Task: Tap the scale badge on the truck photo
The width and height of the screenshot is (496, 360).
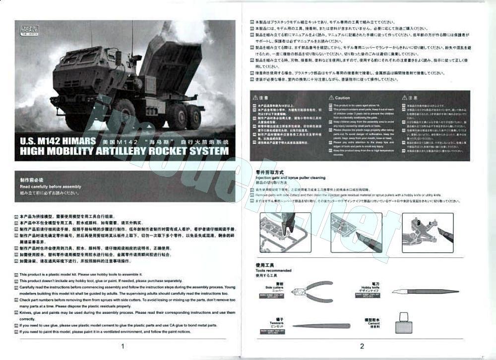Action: coord(25,27)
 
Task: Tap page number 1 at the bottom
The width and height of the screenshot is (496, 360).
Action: coord(122,346)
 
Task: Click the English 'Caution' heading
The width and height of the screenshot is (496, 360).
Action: coord(342,98)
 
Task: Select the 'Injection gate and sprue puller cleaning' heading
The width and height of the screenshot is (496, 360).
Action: coord(290,177)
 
